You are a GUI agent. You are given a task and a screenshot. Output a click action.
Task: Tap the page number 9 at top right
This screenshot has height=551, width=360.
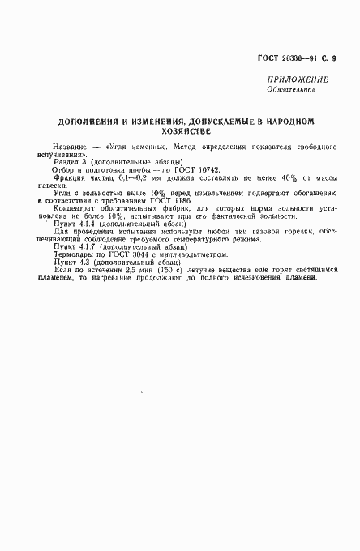coord(334,58)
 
